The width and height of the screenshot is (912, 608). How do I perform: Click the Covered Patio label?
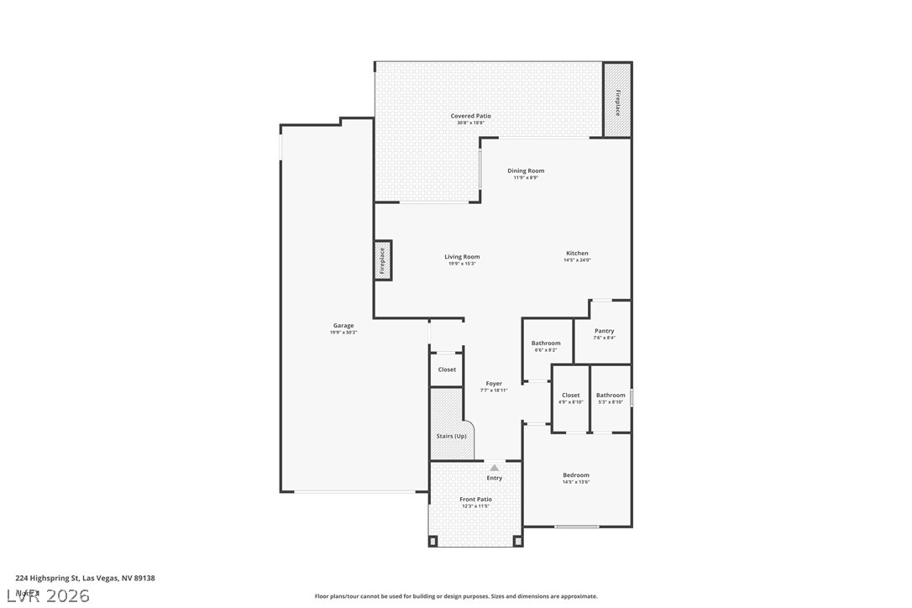[x=470, y=116]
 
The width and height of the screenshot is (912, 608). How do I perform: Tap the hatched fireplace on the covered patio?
[x=617, y=102]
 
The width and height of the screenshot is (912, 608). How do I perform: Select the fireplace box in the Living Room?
[x=382, y=260]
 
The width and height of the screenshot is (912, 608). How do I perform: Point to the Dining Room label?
[x=526, y=170]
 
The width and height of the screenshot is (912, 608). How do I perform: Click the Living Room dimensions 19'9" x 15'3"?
[x=462, y=264]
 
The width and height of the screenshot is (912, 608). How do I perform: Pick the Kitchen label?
[x=577, y=253]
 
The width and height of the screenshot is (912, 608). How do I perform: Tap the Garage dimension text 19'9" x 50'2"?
[x=343, y=333]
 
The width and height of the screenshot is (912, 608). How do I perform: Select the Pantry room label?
[x=604, y=331]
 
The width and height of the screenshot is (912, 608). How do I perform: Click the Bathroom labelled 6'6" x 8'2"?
[x=546, y=343]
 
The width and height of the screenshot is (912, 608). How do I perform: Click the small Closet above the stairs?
[x=447, y=370]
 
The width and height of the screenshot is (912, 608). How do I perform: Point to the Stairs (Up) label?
[x=452, y=436]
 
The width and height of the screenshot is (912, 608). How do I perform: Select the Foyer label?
[x=494, y=384]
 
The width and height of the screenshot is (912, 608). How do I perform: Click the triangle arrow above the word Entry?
[x=495, y=468]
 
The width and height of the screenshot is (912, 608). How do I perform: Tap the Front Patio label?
[x=475, y=500]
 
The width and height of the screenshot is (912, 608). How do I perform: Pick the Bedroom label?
[x=576, y=475]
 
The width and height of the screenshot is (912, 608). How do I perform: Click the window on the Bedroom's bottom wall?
[x=577, y=527]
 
